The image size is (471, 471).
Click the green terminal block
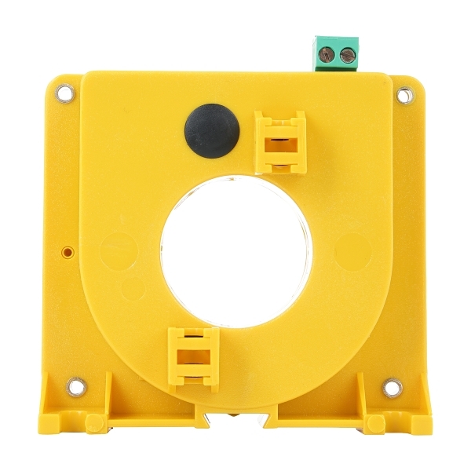coord(336,53)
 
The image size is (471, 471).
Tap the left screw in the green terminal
coord(330,55)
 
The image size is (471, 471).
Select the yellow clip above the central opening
coord(279,141)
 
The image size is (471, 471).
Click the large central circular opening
coord(236,251)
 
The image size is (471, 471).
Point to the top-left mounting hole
coord(67,94)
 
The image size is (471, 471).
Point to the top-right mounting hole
coord(403,96)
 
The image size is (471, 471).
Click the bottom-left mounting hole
coord(75,387)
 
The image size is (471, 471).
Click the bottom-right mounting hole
coord(392,388)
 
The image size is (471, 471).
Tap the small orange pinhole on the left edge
coord(68,253)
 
